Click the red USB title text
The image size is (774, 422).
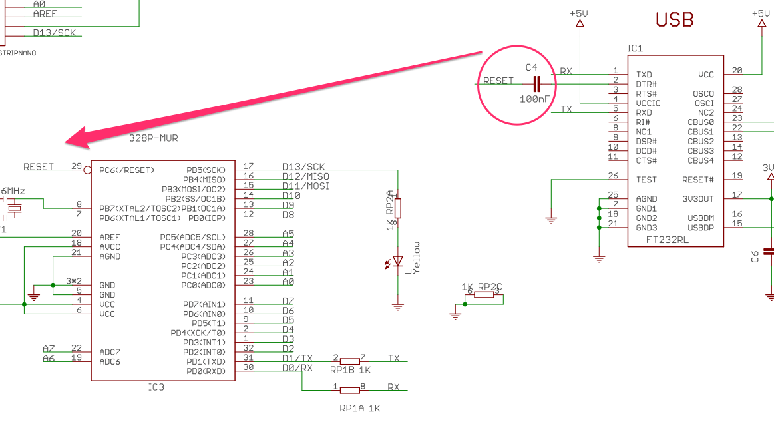coord(674,19)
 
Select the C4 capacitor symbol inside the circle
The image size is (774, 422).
coord(537,83)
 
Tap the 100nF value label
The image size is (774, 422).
coord(534,99)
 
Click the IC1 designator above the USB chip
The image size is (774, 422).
coord(635,49)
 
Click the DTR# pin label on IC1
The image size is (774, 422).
coord(646,84)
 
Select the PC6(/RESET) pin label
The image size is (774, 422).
coord(126,170)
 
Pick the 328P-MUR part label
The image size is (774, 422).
coord(153,138)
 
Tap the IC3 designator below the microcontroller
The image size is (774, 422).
coord(156,387)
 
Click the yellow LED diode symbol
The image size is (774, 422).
coord(398,261)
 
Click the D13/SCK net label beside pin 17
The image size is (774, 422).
coord(303,166)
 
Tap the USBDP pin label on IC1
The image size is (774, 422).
coord(700,227)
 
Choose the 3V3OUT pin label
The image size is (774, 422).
coord(697,198)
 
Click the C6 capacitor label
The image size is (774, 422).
coord(755,256)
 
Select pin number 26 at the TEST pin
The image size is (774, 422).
coord(613,176)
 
